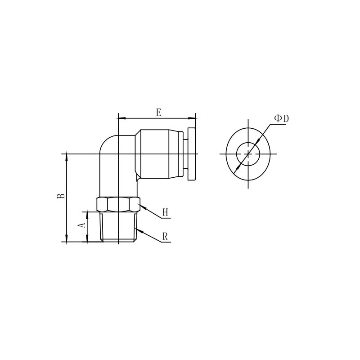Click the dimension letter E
point(159,113)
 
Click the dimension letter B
point(61,196)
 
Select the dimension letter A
point(82,225)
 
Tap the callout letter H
point(166,212)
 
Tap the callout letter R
point(165,237)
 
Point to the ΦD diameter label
point(282,118)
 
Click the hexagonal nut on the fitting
point(118,204)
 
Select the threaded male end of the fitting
point(118,227)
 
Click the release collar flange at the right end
point(192,154)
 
